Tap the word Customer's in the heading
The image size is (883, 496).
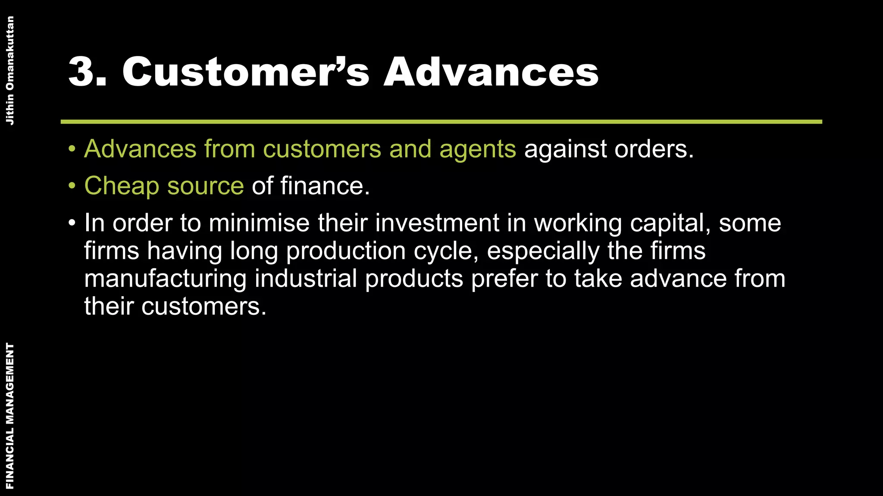pyautogui.click(x=246, y=72)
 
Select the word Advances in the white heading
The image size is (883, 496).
pyautogui.click(x=491, y=72)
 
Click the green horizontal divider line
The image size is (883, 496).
pyautogui.click(x=441, y=122)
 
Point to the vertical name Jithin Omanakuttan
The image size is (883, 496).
pyautogui.click(x=10, y=71)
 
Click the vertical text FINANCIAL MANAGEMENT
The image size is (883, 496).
pyautogui.click(x=10, y=415)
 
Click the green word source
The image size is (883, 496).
pyautogui.click(x=205, y=187)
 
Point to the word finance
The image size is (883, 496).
pyautogui.click(x=325, y=186)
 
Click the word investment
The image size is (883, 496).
pyautogui.click(x=436, y=223)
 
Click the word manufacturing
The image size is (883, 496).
pyautogui.click(x=165, y=279)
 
